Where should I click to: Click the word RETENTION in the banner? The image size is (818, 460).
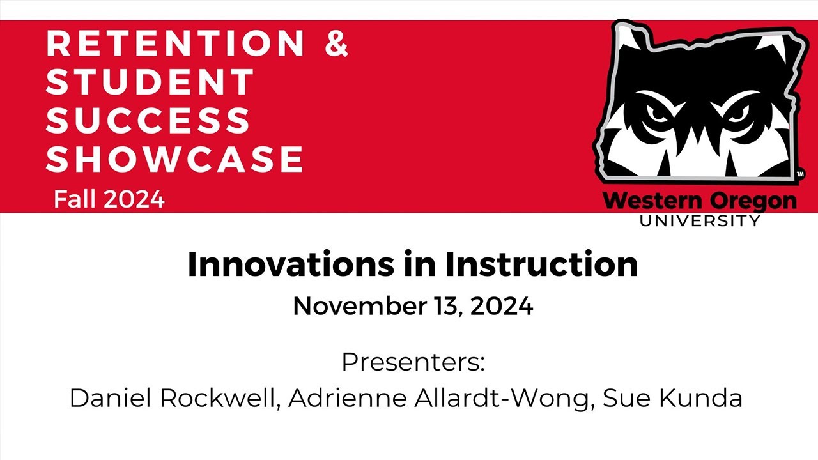[176, 43]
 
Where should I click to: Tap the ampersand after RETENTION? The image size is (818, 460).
[336, 43]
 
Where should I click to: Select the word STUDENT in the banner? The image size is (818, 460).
[151, 82]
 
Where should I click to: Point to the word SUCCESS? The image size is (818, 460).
[148, 120]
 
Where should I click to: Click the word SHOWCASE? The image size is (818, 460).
[174, 159]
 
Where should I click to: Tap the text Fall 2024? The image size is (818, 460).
[109, 200]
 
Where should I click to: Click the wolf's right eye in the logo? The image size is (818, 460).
[736, 114]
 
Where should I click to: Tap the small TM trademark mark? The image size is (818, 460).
[800, 173]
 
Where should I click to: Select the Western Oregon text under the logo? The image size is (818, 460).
[700, 201]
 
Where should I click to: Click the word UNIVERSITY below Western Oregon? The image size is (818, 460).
[700, 221]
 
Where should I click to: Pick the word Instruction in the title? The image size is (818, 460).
[541, 264]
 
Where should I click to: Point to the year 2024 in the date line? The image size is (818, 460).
[501, 307]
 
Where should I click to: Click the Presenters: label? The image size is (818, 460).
[413, 362]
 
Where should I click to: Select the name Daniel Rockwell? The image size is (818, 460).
[173, 398]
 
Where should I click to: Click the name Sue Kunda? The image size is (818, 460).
[672, 398]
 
